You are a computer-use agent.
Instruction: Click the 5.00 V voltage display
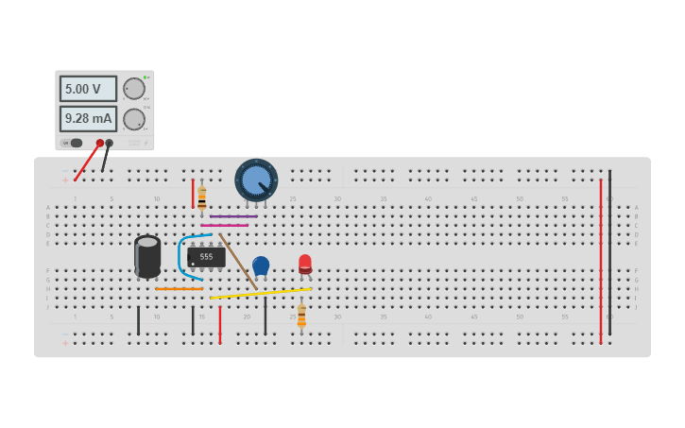[x=88, y=89]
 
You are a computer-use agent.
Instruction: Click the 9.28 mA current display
[x=88, y=119]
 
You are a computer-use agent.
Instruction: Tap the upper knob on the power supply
[x=134, y=89]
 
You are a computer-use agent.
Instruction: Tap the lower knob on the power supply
[x=134, y=119]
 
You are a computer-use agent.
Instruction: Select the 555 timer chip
[x=206, y=256]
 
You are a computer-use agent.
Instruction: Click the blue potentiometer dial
[x=255, y=180]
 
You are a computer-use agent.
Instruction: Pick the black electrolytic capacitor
[x=147, y=256]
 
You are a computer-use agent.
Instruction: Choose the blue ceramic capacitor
[x=261, y=265]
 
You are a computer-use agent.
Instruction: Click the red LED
[x=305, y=264]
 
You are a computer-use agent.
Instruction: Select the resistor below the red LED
[x=301, y=317]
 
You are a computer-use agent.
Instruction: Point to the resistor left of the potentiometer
[x=201, y=197]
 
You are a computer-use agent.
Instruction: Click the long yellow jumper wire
[x=260, y=293]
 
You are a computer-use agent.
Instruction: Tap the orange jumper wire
[x=179, y=288]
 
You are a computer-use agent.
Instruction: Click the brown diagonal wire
[x=237, y=261]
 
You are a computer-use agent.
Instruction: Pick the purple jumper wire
[x=233, y=216]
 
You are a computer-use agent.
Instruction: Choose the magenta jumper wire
[x=225, y=225]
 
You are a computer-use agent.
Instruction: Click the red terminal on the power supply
[x=99, y=144]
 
